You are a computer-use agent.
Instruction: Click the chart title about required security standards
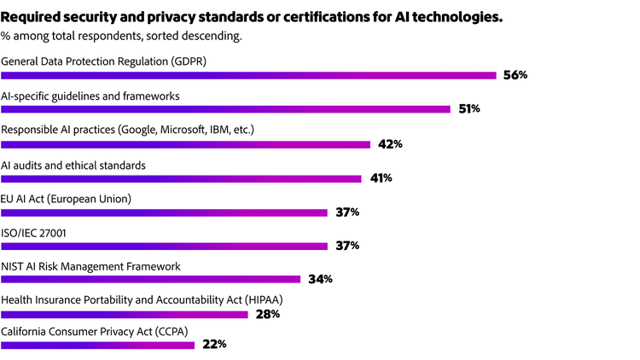264,16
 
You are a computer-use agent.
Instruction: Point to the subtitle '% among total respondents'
122,36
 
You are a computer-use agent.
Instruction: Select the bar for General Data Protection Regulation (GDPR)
248,75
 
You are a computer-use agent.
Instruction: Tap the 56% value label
515,75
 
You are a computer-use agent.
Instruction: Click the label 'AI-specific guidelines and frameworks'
90,96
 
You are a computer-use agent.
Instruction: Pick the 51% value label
469,109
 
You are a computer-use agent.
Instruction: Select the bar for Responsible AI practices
185,143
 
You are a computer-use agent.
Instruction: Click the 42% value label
390,143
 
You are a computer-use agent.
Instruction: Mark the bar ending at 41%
181,178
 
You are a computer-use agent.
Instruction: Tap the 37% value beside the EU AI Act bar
347,212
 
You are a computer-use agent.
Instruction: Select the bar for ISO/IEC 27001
164,247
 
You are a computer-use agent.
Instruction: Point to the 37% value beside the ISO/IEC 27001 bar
347,246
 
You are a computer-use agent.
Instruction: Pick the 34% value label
320,280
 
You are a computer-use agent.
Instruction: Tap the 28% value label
267,314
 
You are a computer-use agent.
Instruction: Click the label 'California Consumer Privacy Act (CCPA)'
95,331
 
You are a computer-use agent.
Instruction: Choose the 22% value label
214,345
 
